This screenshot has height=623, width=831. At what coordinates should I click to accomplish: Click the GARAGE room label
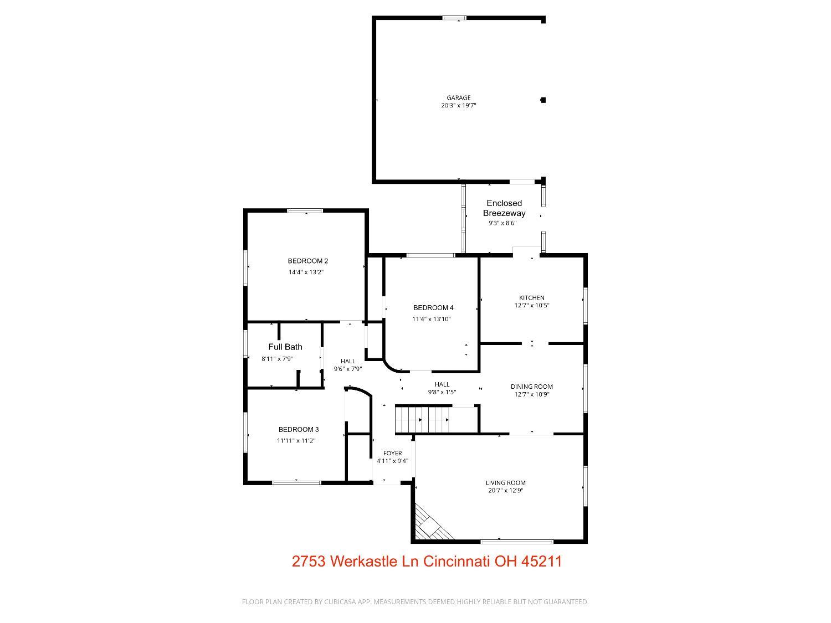459,97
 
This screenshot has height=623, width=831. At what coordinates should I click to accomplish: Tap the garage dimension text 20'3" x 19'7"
459,105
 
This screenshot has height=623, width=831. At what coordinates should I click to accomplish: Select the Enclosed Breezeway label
504,208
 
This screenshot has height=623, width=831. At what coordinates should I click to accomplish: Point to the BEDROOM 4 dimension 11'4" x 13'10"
432,319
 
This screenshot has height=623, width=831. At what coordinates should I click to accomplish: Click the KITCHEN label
532,297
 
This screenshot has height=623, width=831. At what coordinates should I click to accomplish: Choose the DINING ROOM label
532,387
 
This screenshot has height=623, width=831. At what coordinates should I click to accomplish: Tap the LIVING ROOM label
506,483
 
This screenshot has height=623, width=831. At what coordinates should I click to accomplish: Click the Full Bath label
285,347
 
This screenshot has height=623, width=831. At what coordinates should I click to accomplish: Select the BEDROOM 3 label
299,429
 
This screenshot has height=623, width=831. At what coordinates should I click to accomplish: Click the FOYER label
393,453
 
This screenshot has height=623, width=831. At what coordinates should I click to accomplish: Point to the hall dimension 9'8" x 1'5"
442,392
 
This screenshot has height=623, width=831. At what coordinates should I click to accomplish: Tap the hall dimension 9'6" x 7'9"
348,369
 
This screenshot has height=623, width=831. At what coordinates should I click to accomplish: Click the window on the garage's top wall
454,18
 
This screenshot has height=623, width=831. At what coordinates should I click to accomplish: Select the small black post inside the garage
543,100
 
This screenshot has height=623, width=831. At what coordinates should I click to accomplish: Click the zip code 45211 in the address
542,562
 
